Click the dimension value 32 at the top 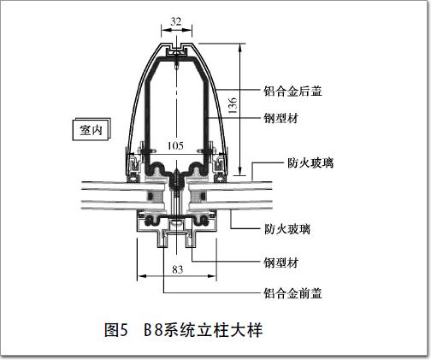(x=176, y=21)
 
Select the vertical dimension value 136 (x=233, y=105)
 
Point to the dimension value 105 (x=175, y=145)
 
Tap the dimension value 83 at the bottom (x=177, y=269)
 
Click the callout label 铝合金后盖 (x=292, y=91)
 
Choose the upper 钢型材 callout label (x=281, y=118)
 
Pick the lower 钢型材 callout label (x=281, y=263)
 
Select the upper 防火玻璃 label (x=310, y=163)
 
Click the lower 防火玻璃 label (x=287, y=229)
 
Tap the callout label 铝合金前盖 (x=292, y=293)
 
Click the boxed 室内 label (x=91, y=130)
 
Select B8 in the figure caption (x=153, y=330)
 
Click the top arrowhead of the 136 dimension (x=240, y=48)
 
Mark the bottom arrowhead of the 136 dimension (x=240, y=171)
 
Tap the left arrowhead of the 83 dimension (x=142, y=276)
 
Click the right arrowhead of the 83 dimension (x=212, y=276)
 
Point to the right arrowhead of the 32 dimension (x=188, y=29)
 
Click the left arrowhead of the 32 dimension (x=165, y=29)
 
